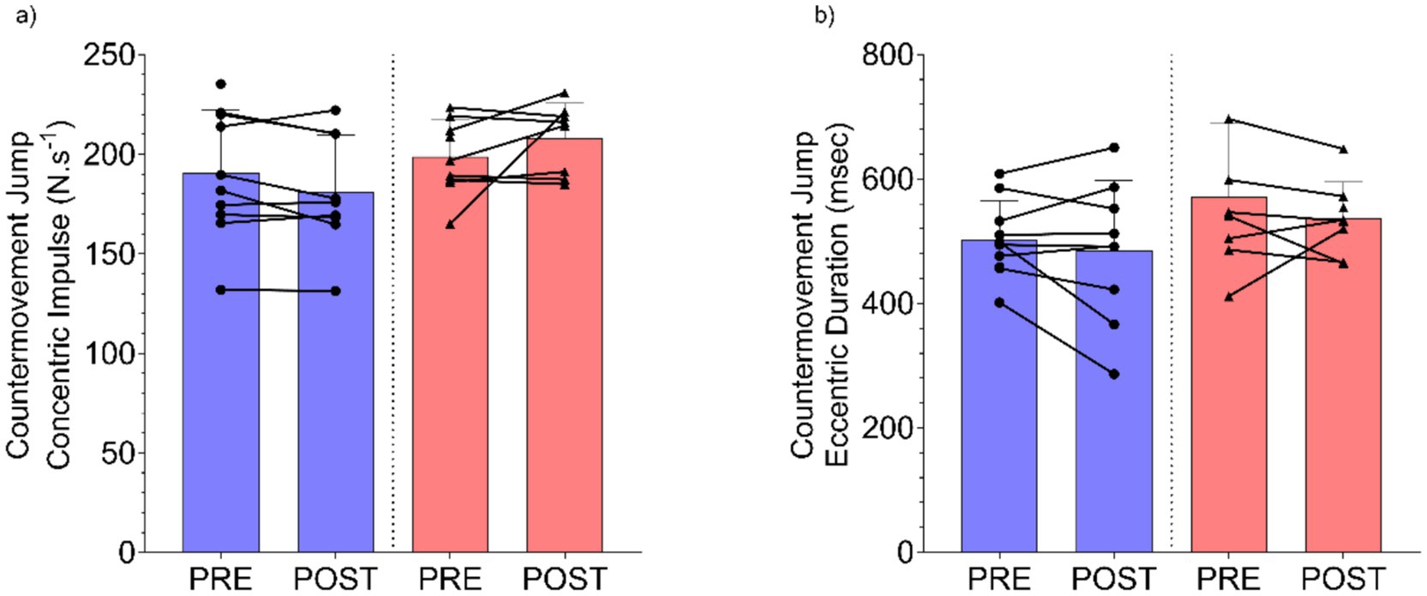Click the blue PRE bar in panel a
pos(221,386)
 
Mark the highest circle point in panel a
pos(221,84)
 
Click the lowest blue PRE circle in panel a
pos(221,290)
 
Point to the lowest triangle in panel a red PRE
pos(451,225)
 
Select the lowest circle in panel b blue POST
pos(1114,374)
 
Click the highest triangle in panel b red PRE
pos(1229,120)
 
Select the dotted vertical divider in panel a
pos(393,300)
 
